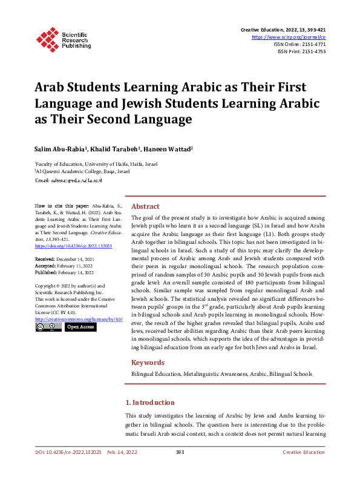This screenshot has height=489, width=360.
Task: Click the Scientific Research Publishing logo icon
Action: (x=47, y=38)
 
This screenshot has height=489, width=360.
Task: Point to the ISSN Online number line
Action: (x=299, y=44)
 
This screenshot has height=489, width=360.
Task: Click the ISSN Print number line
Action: (x=301, y=51)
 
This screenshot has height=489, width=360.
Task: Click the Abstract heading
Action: (x=145, y=206)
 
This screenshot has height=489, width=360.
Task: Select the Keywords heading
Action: (x=148, y=363)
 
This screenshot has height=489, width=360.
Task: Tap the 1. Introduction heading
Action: (x=149, y=402)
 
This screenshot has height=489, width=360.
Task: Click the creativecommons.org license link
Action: (x=79, y=318)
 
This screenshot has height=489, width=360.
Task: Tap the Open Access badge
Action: (x=80, y=327)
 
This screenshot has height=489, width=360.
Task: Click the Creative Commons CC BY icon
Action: (x=48, y=327)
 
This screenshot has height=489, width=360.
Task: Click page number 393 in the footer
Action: (x=180, y=453)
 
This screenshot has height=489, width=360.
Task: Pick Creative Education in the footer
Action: (x=304, y=453)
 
